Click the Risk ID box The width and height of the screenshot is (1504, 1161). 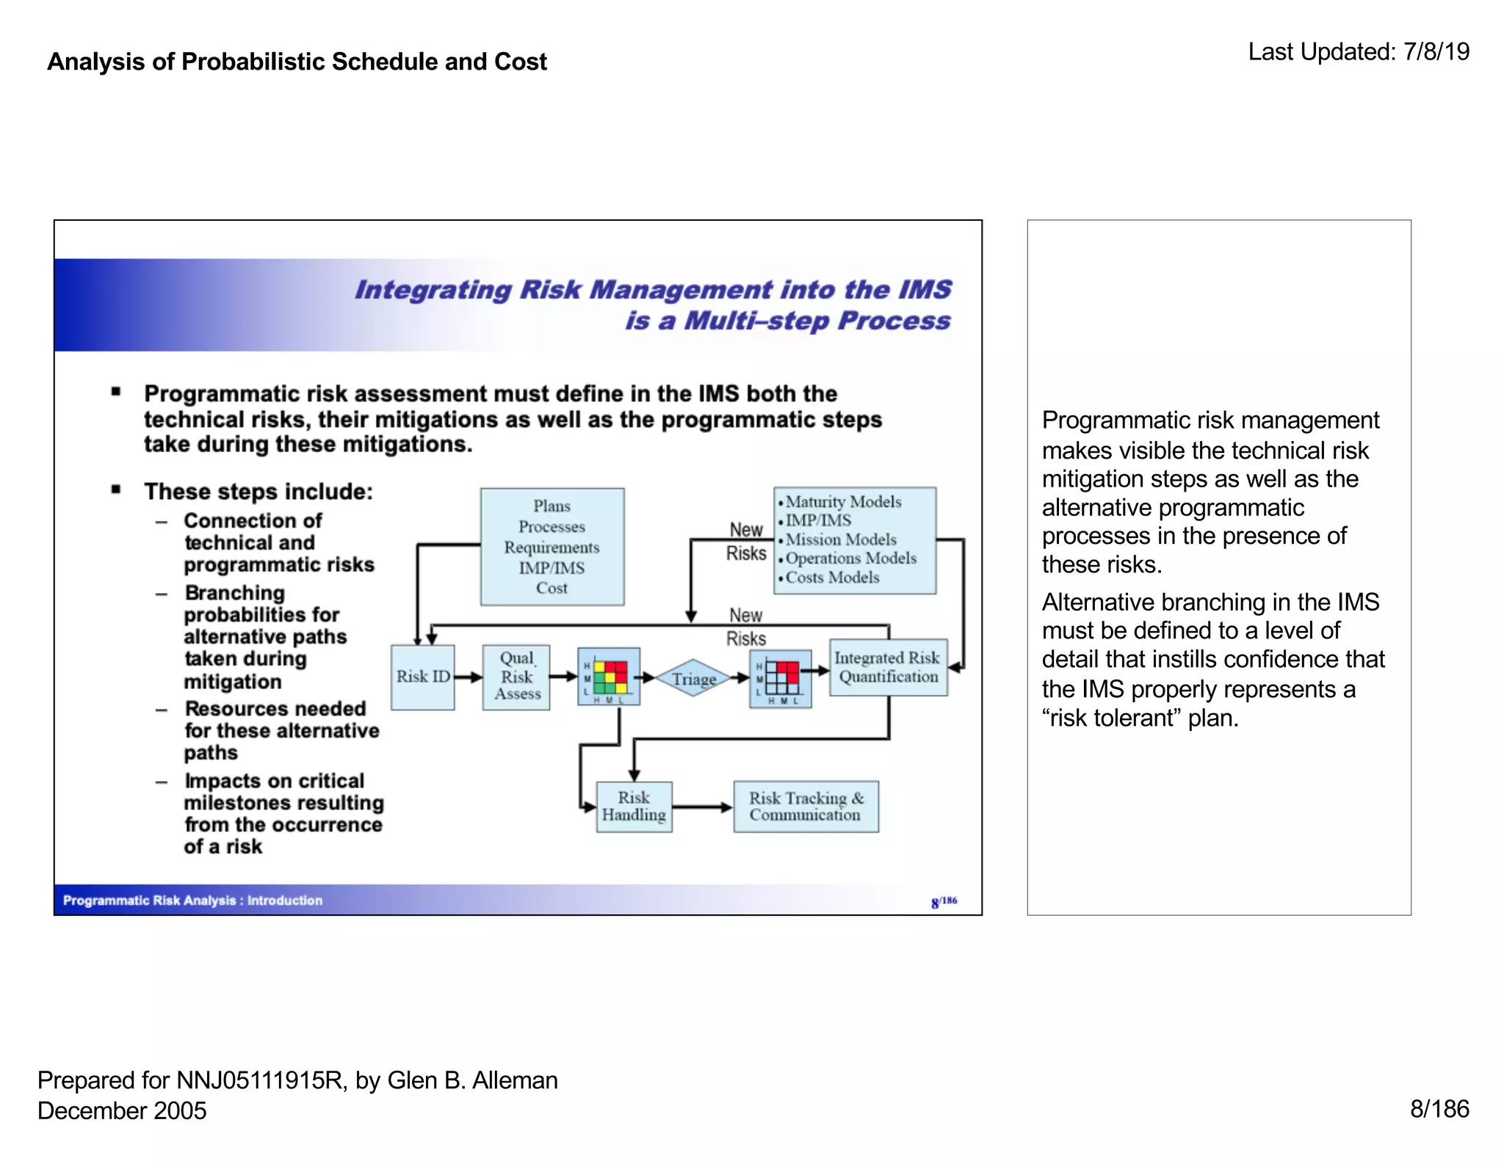coord(422,677)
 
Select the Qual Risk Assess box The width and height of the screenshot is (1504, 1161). coord(516,677)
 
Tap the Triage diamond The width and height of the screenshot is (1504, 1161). coord(693,678)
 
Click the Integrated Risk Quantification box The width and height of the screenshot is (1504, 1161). coord(888,667)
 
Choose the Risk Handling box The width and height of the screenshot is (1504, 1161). coord(634,806)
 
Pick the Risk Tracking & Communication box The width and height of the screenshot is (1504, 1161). coord(806,806)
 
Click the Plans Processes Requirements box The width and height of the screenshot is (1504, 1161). coord(552,547)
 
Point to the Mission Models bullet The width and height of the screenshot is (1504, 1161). coord(840,539)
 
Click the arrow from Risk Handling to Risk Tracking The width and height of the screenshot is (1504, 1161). coord(702,807)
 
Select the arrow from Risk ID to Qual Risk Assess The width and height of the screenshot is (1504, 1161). coord(468,677)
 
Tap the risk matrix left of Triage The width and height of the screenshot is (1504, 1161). coord(609,677)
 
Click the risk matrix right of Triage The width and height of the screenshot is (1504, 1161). coord(781,678)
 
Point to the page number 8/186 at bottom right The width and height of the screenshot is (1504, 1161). coord(1439,1108)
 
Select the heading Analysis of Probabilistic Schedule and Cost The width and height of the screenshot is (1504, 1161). coord(297,62)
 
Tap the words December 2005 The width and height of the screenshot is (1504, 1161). coord(122,1110)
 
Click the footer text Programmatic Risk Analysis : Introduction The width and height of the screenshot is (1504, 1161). coord(192,900)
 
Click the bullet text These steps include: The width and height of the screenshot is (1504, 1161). coord(258,491)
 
